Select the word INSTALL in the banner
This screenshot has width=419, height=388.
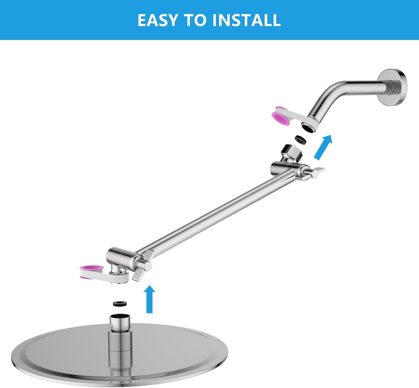[x=246, y=20]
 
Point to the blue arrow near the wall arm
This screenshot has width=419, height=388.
[x=322, y=147]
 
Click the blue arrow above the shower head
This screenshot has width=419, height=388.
[x=150, y=299]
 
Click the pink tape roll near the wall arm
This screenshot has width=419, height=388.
[x=282, y=116]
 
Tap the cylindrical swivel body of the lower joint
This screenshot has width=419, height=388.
[x=116, y=255]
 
